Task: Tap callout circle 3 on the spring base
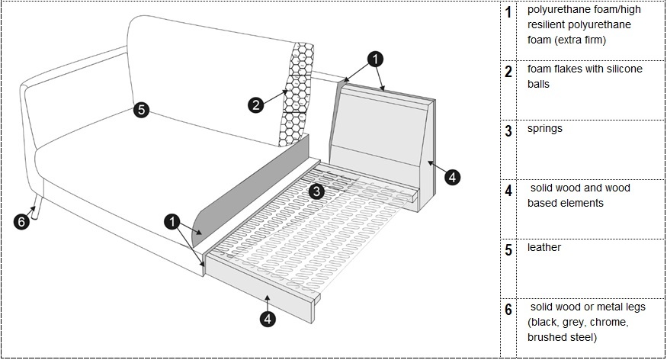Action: point(317,190)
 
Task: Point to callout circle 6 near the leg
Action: point(22,222)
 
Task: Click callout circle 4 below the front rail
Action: point(268,320)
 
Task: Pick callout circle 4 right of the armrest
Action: point(452,177)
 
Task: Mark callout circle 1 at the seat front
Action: point(174,221)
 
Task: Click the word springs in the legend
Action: point(544,128)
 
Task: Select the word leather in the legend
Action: point(544,248)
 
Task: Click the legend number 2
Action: point(508,72)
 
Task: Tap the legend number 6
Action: point(508,310)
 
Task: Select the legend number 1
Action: point(508,13)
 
